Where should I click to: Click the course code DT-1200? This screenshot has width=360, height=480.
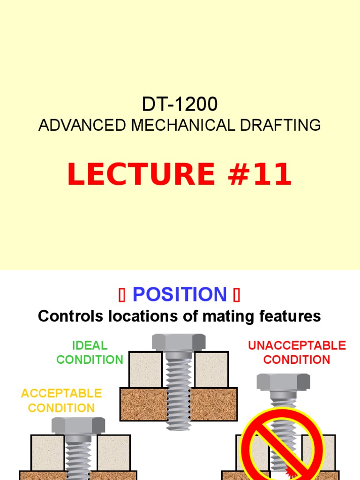[180, 104]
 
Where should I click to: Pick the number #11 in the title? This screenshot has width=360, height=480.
[256, 174]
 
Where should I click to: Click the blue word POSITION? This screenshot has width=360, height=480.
[180, 294]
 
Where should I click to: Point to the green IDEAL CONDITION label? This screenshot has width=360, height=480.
[90, 352]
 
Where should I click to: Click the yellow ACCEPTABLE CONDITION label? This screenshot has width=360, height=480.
[61, 400]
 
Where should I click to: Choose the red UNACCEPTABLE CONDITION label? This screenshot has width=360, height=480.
[297, 352]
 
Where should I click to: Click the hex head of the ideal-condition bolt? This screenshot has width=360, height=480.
[179, 342]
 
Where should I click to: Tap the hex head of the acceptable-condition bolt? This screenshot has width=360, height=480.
[78, 426]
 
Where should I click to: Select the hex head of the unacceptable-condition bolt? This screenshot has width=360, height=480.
[284, 382]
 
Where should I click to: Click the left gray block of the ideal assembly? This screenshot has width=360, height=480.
[145, 369]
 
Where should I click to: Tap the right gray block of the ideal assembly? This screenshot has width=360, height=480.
[211, 369]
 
